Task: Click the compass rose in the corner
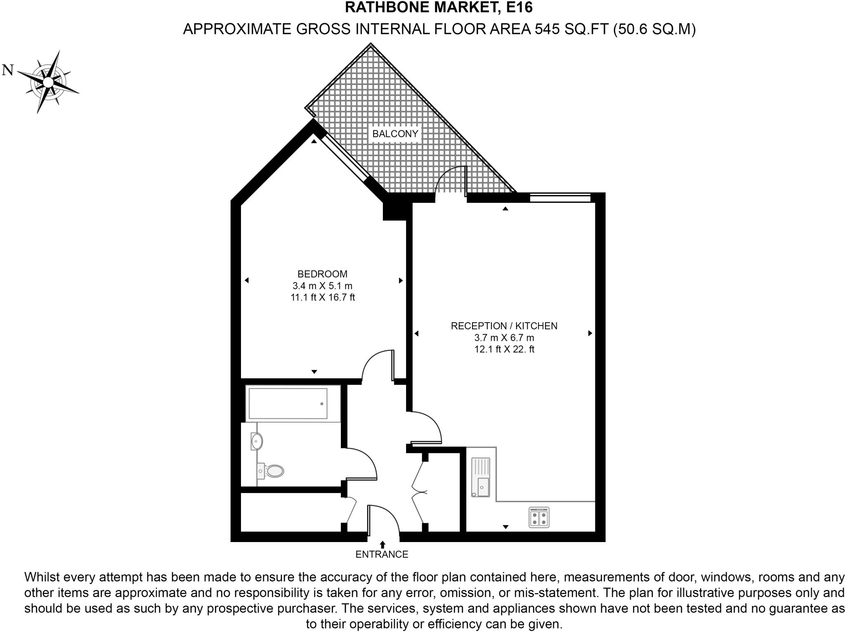48,82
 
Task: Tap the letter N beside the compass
8,70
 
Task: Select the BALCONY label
395,134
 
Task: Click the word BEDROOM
323,274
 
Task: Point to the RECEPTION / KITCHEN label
504,326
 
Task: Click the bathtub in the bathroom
293,403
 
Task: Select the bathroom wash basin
257,441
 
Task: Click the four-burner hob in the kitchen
539,517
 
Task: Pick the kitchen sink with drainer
481,477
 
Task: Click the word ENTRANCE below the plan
382,554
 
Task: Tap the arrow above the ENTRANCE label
382,545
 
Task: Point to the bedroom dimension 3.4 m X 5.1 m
323,285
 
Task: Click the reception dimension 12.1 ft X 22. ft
504,349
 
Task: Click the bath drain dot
322,404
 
